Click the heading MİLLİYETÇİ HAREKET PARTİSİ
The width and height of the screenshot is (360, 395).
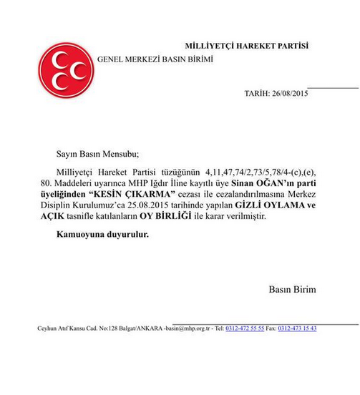coord(248,46)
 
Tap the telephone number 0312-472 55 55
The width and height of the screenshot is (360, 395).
coord(245,328)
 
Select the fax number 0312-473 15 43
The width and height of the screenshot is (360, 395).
coord(297,328)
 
